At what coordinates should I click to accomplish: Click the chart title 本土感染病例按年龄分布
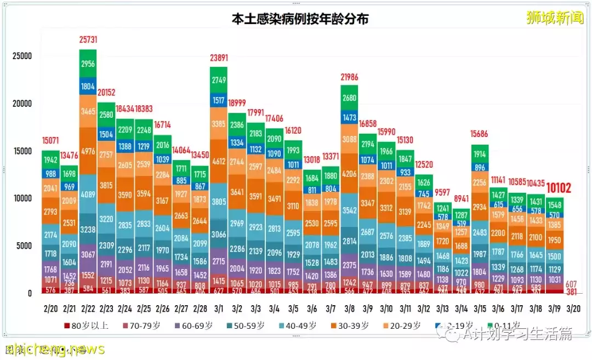point(299,19)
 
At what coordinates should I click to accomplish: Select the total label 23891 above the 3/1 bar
point(218,59)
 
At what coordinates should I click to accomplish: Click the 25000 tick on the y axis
point(22,56)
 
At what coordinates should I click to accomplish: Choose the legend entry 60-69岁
point(193,325)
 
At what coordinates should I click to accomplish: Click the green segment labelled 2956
point(88,64)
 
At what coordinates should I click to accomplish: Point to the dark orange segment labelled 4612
point(218,161)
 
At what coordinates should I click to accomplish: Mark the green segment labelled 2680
point(349,98)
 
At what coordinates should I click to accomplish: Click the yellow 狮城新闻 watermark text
point(554,18)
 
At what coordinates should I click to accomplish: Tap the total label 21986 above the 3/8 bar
point(349,77)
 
